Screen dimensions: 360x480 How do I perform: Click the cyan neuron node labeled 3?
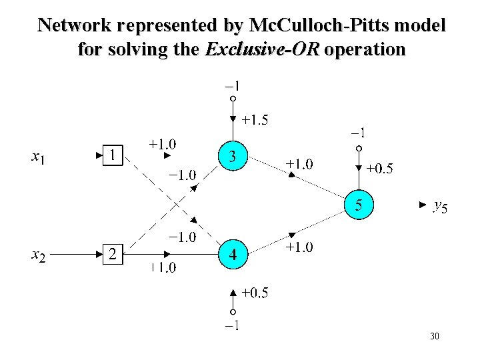[x=232, y=157]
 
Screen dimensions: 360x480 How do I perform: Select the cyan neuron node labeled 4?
[x=232, y=254]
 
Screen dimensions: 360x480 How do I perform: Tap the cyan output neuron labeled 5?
[x=359, y=205]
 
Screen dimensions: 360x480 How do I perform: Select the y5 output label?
[x=441, y=207]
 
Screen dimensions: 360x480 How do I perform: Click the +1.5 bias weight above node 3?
[x=255, y=121]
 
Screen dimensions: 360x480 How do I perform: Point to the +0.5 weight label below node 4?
[x=255, y=292]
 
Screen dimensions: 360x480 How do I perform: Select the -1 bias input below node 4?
[x=233, y=326]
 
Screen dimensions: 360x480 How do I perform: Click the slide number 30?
[x=435, y=337]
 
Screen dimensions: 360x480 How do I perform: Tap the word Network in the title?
[x=73, y=25]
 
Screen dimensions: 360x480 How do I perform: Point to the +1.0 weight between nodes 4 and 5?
[x=301, y=247]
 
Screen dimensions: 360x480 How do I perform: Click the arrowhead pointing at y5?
[x=420, y=205]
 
